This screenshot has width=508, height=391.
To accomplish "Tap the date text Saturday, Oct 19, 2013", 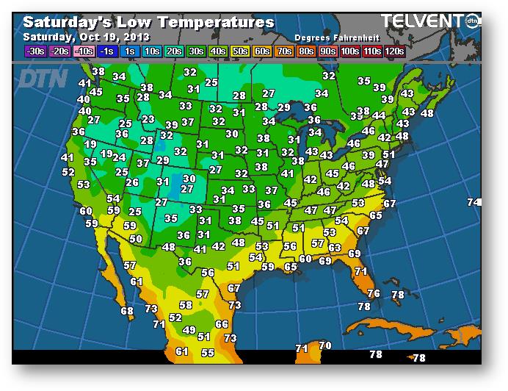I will [x=87, y=37].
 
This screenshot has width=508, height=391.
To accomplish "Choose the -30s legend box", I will [x=35, y=51].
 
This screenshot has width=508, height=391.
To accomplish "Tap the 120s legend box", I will [x=396, y=51].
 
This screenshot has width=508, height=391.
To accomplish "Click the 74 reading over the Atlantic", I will [x=474, y=202].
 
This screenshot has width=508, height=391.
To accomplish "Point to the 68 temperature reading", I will [x=127, y=311].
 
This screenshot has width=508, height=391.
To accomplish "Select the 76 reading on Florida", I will [x=374, y=293].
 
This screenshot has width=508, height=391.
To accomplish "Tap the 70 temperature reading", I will [x=324, y=345].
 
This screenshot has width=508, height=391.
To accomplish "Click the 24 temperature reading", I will [x=119, y=157].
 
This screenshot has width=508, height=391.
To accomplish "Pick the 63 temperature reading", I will [x=335, y=248].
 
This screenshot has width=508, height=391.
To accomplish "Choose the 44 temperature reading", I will [x=379, y=115].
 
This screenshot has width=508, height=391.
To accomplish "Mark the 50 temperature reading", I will [x=136, y=239].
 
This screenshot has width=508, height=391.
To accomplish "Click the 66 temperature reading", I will [x=222, y=324].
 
